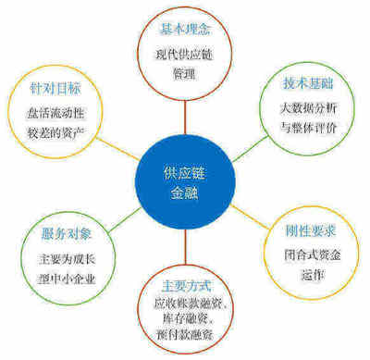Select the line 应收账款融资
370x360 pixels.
184,304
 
